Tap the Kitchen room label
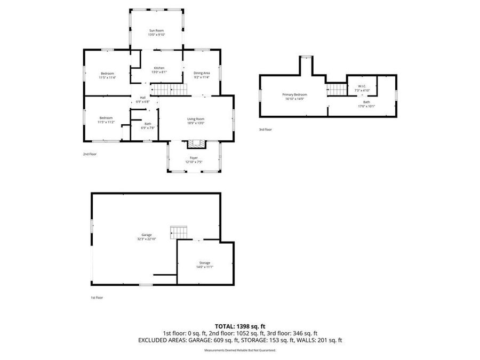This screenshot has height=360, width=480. [x=159, y=68]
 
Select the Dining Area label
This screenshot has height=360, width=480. [x=202, y=73]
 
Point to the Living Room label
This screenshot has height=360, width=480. [x=196, y=119]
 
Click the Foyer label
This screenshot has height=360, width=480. [x=194, y=158]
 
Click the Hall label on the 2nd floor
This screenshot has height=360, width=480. [x=143, y=98]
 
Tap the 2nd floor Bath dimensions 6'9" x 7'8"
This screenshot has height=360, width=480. [x=147, y=128]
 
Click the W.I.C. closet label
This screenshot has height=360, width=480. [x=362, y=86]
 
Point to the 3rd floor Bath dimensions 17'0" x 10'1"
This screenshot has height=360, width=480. [x=366, y=106]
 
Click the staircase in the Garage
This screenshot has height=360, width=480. [x=179, y=233]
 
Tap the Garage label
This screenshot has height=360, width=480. [x=147, y=235]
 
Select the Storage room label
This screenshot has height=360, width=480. [x=205, y=262]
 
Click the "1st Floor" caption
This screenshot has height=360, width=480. [x=96, y=298]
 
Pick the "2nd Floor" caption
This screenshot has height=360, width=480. [x=89, y=154]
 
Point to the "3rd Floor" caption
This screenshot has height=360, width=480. [x=265, y=129]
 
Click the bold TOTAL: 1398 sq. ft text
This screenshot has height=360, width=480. [x=240, y=326]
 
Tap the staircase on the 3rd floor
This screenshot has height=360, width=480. [x=336, y=89]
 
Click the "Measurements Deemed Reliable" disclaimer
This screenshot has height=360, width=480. [x=240, y=350]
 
